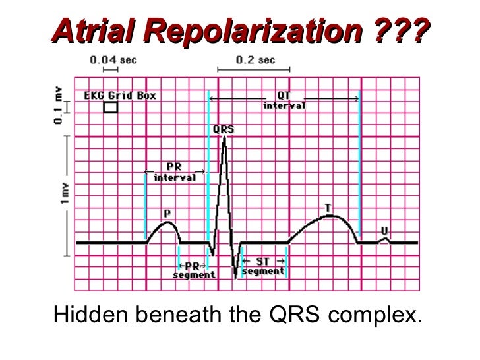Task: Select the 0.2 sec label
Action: (x=255, y=60)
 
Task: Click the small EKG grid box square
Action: (x=111, y=107)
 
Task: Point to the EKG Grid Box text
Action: (x=120, y=95)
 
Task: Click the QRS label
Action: (x=224, y=129)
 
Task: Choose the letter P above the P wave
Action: (x=167, y=214)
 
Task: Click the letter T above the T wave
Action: (x=328, y=208)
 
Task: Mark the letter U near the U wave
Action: (x=384, y=230)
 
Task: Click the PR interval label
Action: (x=175, y=173)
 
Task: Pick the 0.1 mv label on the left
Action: (x=59, y=107)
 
